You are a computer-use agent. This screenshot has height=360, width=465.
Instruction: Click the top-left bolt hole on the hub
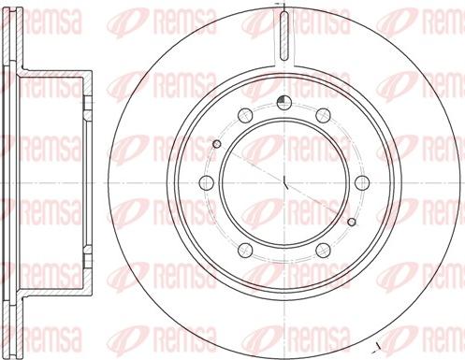click(244, 114)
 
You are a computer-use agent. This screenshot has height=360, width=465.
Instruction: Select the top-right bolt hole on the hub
click(323, 114)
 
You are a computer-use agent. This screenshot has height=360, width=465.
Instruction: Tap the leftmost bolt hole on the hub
click(206, 182)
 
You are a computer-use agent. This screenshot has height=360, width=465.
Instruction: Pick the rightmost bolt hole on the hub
click(361, 182)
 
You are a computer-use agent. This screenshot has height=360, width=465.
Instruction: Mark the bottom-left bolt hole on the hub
click(244, 250)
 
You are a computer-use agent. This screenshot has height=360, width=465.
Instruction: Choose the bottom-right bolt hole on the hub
click(323, 250)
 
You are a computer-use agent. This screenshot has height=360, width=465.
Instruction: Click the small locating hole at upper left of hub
click(217, 143)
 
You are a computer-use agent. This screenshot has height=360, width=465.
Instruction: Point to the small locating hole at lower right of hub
click(351, 222)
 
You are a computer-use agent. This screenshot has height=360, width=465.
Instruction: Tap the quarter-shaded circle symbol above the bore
click(284, 104)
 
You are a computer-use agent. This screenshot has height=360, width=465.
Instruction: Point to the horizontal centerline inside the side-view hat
click(56, 182)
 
